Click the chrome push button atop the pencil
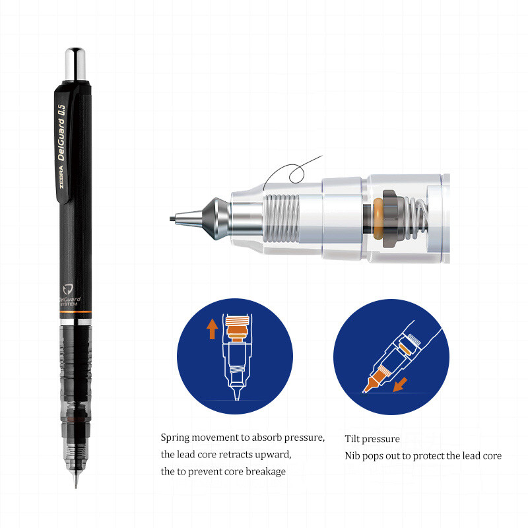coord(75,64)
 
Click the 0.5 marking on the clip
coord(61,110)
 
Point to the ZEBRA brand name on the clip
coord(61,176)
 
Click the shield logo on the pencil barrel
coord(68,289)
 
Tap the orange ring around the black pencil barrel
coord(75,312)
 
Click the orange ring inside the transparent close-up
coord(378,218)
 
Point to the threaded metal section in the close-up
coord(281,218)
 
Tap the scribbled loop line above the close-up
coord(292,172)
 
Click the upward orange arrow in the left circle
coord(212,329)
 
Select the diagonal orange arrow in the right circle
coord(401,385)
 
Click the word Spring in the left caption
coord(175,438)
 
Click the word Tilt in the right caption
coord(352,439)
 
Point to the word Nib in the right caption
coord(352,455)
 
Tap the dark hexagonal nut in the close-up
coord(391,218)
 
